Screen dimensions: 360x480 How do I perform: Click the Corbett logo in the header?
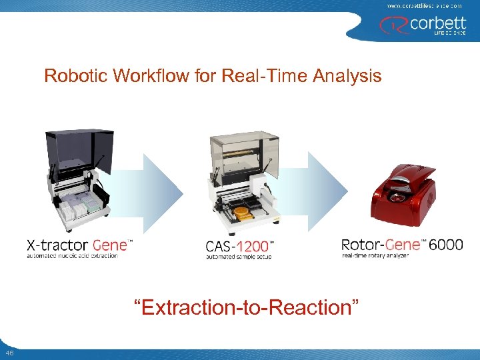pyautogui.click(x=423, y=26)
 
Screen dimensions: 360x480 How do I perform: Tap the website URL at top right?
pyautogui.click(x=424, y=5)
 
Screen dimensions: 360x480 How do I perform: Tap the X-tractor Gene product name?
pyautogui.click(x=79, y=245)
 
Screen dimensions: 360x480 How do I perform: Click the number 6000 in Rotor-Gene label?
pyautogui.click(x=445, y=245)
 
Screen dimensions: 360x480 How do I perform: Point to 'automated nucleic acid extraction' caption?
pyautogui.click(x=72, y=256)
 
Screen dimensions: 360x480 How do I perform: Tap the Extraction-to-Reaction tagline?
pyautogui.click(x=246, y=307)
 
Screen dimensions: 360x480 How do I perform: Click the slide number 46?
pyautogui.click(x=9, y=353)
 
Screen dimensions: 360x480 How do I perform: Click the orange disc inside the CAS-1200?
pyautogui.click(x=241, y=212)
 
